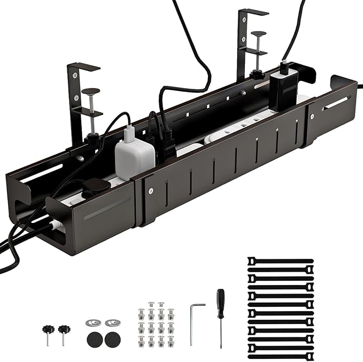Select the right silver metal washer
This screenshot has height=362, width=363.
coord(112,323)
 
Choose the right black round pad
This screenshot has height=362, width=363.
coord(113,338)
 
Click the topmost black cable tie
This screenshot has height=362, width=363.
coord(280,261)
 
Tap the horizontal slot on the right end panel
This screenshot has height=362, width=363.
coord(337,103)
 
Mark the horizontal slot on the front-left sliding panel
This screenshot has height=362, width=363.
coord(107,208)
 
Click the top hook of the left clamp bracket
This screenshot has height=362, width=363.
coord(83,66)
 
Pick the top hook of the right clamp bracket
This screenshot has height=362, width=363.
coord(253,11)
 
